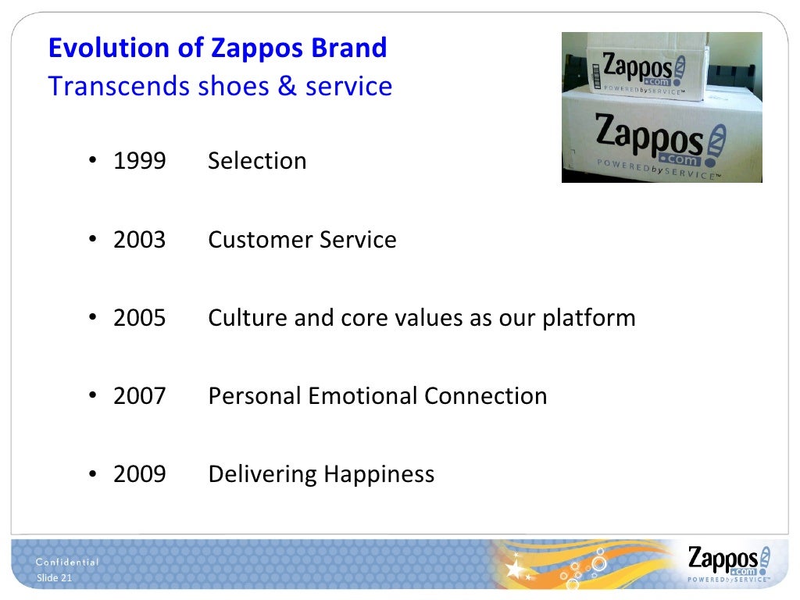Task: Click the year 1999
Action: [x=139, y=161]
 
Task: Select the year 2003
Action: [x=139, y=239]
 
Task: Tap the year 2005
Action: [x=139, y=318]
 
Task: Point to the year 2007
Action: [x=139, y=396]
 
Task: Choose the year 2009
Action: [x=139, y=474]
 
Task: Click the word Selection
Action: [x=257, y=161]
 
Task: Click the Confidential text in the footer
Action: [x=68, y=562]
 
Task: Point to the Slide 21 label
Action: [x=55, y=578]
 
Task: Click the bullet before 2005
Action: [x=92, y=318]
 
